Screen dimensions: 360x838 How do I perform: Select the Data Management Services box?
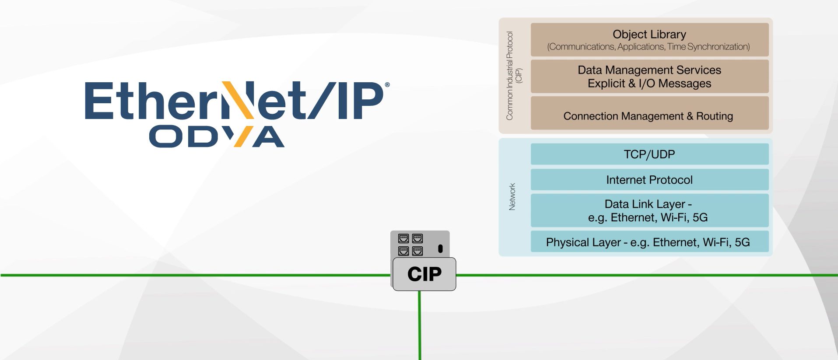[x=649, y=77]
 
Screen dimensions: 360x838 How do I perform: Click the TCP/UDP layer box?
[x=649, y=154]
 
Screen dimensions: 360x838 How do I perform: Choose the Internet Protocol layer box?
[x=649, y=180]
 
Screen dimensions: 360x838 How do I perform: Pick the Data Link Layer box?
[x=649, y=210]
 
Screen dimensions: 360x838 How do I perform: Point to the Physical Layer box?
[x=649, y=242]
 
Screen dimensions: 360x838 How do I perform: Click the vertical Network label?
[x=512, y=196]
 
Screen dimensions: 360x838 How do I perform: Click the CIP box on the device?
[x=424, y=274]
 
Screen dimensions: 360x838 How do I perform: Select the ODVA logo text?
[x=217, y=136]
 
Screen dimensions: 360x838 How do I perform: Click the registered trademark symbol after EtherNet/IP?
[x=387, y=85]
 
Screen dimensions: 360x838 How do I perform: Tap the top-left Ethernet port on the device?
[x=403, y=238]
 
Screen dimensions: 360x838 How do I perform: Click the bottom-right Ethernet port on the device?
[x=417, y=251]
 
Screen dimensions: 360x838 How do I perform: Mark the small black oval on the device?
[x=440, y=249]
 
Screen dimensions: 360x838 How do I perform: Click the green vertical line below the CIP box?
[x=420, y=326]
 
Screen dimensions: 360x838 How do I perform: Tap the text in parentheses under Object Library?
[x=648, y=47]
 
